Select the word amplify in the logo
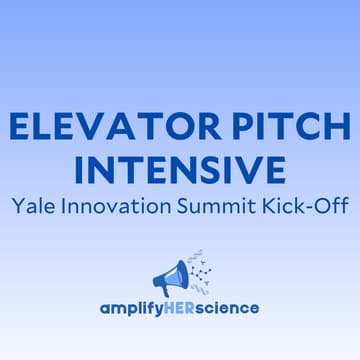135,308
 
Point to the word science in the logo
232,307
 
